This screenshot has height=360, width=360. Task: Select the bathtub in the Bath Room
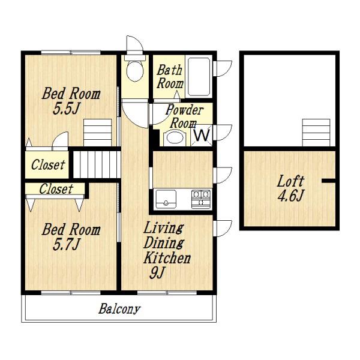[x=199, y=77]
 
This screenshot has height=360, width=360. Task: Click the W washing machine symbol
[x=202, y=136]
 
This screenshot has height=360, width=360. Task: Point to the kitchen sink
[x=166, y=199]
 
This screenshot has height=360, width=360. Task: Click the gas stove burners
[x=201, y=199]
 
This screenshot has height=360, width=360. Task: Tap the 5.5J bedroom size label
[x=66, y=109]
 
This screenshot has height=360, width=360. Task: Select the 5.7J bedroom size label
[x=66, y=245]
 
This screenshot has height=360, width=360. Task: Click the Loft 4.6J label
[x=290, y=188]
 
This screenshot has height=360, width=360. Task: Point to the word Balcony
[x=119, y=309]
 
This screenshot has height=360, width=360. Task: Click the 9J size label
[x=157, y=273]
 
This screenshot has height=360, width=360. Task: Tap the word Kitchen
[x=167, y=257]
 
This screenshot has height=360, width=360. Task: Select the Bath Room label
[x=170, y=77]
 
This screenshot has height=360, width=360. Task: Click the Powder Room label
[x=184, y=116]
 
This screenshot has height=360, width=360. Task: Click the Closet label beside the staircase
[x=48, y=165]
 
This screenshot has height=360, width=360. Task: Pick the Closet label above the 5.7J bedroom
[x=56, y=189]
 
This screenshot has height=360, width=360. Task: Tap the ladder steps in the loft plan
[x=316, y=133]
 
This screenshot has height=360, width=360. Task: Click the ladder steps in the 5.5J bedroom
[x=98, y=133]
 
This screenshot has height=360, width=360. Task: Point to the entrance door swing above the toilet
[x=135, y=45]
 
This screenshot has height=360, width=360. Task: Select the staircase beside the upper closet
[x=97, y=164]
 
